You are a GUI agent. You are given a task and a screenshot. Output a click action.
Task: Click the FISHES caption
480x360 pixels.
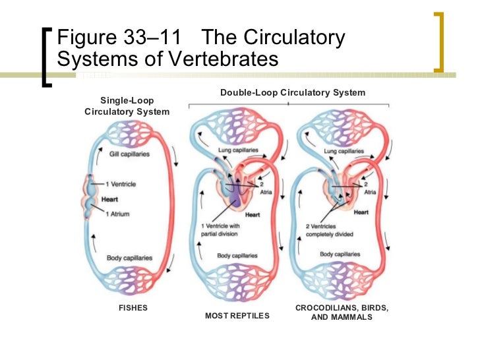133,308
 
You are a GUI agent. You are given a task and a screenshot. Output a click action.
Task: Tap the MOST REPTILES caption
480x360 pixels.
237,316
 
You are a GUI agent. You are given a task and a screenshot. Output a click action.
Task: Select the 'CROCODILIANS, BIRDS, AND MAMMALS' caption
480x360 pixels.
342,313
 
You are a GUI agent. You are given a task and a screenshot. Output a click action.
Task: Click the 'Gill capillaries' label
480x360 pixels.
129,154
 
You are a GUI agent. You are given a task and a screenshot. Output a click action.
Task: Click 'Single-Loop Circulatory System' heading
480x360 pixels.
127,105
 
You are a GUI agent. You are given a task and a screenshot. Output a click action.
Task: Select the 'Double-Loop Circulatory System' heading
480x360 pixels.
293,93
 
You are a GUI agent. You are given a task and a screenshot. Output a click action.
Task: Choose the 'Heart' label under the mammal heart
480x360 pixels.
361,212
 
